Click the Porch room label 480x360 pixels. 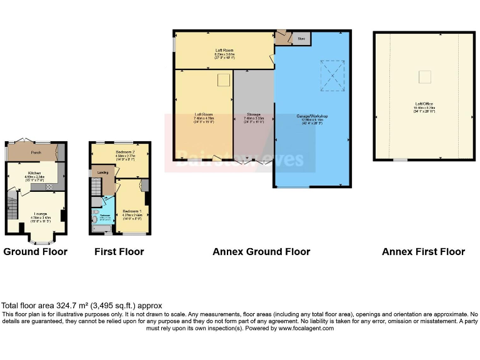(x=36, y=152)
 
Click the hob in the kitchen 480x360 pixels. (x=49, y=186)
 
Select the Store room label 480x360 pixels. (x=301, y=39)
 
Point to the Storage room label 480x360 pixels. (x=253, y=115)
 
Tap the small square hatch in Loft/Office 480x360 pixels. (x=424, y=76)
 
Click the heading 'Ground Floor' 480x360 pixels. (x=36, y=252)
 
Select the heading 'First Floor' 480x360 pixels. (x=119, y=252)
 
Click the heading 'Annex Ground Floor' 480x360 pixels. (x=261, y=252)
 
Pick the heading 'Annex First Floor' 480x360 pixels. (x=424, y=252)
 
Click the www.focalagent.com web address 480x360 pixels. (x=306, y=328)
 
